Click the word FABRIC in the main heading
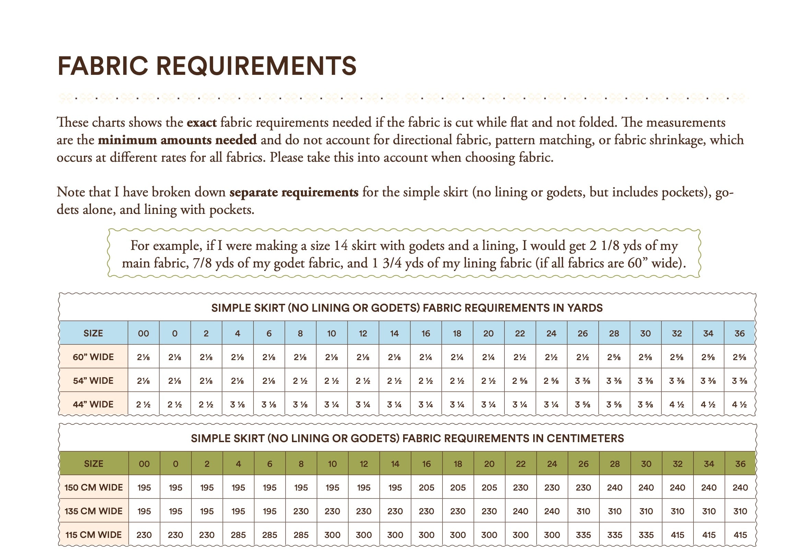103,66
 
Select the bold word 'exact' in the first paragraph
201,122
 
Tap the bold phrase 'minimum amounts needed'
177,140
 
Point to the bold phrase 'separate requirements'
294,192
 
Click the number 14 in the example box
341,245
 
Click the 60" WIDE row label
93,357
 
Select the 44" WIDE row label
93,404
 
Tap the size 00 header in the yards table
143,333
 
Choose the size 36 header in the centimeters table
740,464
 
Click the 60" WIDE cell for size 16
426,357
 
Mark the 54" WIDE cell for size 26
583,381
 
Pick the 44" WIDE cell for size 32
677,404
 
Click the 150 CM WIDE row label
93,487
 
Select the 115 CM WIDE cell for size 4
238,535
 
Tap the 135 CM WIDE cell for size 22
521,511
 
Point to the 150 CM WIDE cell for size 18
458,487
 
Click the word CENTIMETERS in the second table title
585,438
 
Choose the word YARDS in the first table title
585,308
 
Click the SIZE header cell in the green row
93,464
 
